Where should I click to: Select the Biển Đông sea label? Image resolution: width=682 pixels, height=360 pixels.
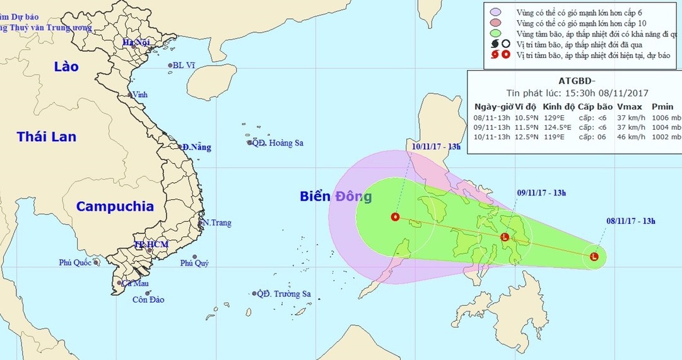(x=336, y=196)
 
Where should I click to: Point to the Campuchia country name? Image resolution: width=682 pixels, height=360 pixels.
(x=115, y=206)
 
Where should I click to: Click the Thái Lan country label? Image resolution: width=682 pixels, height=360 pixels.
(x=46, y=137)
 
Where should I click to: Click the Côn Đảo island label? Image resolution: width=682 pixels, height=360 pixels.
(x=149, y=300)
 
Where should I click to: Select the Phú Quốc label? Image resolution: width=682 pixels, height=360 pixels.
(x=75, y=262)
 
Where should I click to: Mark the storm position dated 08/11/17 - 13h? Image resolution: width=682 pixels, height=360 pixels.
(x=594, y=257)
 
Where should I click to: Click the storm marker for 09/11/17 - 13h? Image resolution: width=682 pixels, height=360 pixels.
(x=505, y=237)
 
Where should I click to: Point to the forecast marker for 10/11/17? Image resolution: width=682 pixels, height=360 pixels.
(x=396, y=217)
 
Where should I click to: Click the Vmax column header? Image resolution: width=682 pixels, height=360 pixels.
(x=629, y=107)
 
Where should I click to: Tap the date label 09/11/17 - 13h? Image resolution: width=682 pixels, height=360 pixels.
(x=541, y=192)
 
